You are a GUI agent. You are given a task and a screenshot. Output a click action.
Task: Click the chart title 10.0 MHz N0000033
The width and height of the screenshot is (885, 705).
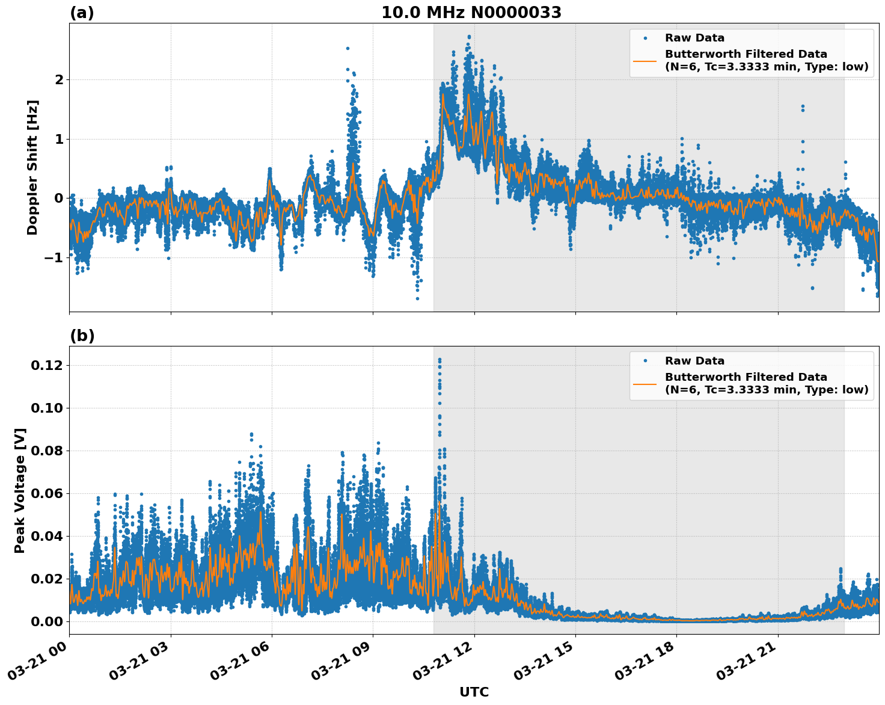471,13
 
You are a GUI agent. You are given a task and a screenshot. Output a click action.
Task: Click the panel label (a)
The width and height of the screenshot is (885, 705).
82,13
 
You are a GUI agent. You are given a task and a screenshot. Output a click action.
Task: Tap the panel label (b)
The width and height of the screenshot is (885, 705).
82,336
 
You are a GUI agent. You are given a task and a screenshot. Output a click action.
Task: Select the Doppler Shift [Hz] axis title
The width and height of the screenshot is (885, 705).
32,167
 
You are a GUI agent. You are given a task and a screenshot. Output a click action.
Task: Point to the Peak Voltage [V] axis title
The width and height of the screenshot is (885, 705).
20,490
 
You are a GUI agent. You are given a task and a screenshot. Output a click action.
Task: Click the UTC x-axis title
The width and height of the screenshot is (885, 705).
474,692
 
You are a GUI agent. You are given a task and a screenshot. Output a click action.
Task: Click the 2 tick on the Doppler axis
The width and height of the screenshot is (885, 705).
59,79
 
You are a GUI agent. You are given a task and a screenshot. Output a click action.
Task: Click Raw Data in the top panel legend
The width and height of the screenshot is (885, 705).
694,38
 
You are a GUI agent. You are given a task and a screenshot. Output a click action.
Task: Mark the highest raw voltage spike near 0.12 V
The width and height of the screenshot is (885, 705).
439,360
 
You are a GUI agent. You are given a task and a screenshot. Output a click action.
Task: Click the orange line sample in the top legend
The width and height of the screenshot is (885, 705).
645,61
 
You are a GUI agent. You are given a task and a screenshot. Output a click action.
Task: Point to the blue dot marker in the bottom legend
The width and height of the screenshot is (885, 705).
645,361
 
